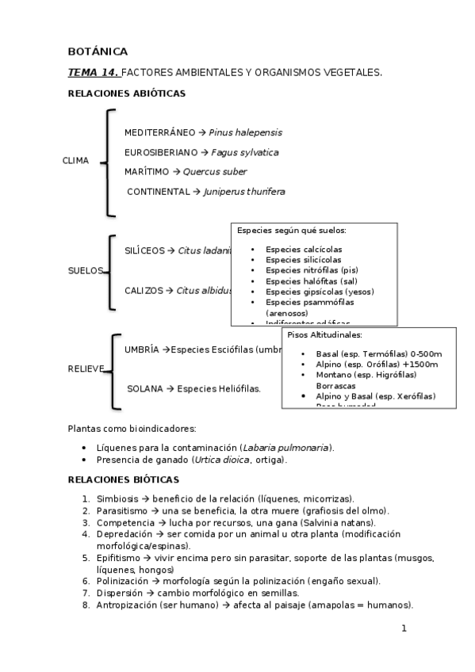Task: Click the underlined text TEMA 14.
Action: (x=94, y=72)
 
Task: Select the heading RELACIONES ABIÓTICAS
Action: (x=127, y=94)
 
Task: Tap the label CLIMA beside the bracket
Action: (x=75, y=162)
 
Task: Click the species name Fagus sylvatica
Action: (x=245, y=152)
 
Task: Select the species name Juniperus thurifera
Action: (x=244, y=191)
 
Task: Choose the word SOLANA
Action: (x=144, y=388)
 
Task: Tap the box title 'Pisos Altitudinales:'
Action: (x=324, y=335)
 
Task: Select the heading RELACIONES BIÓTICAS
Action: (x=124, y=479)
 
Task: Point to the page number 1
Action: (x=404, y=629)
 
